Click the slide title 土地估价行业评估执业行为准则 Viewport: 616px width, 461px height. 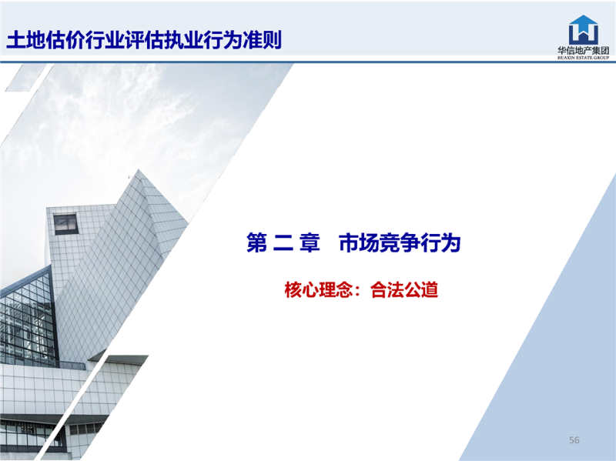[x=144, y=40]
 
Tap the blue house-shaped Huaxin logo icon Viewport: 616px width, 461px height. [x=584, y=30]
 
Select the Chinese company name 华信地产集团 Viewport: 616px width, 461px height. [x=584, y=50]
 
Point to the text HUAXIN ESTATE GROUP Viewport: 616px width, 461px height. [x=584, y=58]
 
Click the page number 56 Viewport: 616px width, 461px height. [x=574, y=440]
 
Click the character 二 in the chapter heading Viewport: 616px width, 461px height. [x=283, y=242]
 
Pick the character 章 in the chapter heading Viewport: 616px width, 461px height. [x=310, y=242]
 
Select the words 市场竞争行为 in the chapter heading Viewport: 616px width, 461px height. [x=400, y=242]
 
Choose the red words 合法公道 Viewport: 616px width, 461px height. [x=404, y=290]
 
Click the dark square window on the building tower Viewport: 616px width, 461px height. [x=65, y=224]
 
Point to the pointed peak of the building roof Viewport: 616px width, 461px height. [x=139, y=169]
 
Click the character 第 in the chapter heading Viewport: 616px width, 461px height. [x=256, y=242]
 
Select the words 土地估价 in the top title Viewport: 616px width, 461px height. [x=45, y=40]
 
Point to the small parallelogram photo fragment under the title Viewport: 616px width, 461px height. [x=28, y=78]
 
